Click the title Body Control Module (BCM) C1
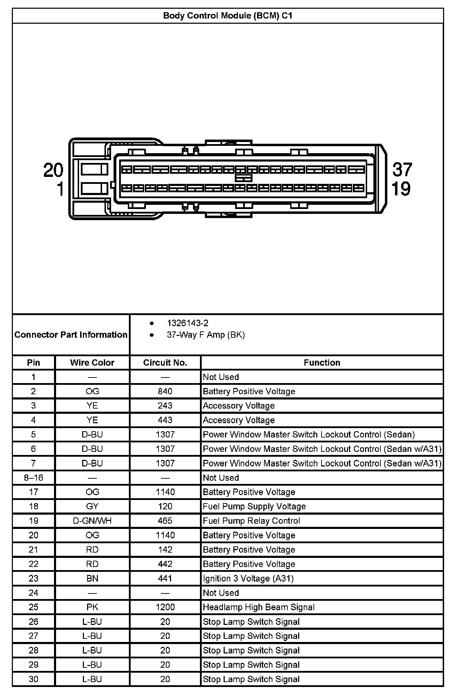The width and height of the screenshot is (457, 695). click(x=227, y=16)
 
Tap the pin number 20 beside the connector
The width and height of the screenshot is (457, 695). click(x=53, y=170)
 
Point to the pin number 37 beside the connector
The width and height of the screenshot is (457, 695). click(x=402, y=170)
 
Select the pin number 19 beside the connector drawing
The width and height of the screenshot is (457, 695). click(x=401, y=189)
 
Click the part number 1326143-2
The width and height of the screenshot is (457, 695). click(x=187, y=323)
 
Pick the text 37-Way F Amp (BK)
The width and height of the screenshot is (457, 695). click(x=206, y=335)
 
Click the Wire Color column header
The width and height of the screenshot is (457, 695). click(x=92, y=363)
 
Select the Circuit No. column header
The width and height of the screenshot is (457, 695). click(x=165, y=363)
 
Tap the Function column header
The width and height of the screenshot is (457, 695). click(x=322, y=363)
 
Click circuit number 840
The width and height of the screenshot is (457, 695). click(x=165, y=391)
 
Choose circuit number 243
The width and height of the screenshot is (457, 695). click(x=165, y=406)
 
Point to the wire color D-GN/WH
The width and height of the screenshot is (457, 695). click(x=92, y=521)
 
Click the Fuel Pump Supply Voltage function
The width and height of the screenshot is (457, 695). click(x=254, y=506)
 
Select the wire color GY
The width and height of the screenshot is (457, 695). click(x=92, y=506)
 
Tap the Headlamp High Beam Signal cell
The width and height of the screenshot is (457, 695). click(x=258, y=607)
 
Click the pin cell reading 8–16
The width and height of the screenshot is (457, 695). click(x=33, y=478)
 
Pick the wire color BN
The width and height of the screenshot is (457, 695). click(x=92, y=578)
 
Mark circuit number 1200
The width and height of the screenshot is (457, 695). click(x=165, y=607)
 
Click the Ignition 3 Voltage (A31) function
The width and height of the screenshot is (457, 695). click(x=248, y=578)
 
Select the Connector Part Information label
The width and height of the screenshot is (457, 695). click(x=71, y=335)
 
